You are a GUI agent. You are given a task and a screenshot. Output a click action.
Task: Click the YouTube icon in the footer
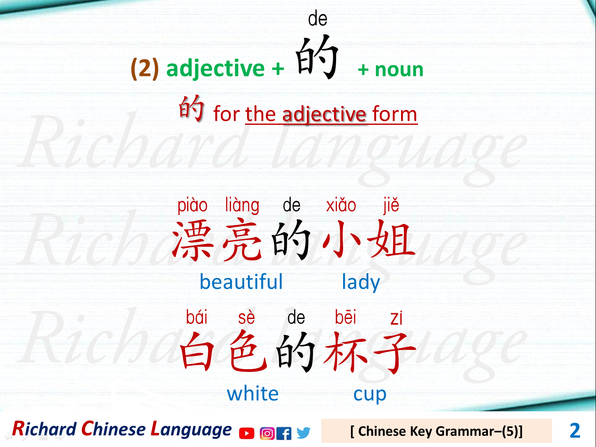pos(247,433)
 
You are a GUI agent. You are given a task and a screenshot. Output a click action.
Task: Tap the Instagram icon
pos(267,433)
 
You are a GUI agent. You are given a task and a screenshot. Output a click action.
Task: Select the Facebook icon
pos(284,433)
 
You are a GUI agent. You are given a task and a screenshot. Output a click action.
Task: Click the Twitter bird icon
pos(303,433)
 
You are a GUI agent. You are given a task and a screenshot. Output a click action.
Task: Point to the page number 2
pos(575,431)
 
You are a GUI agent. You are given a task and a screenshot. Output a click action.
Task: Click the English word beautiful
pos(241,282)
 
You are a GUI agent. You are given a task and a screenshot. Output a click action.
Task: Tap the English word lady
pos(360,283)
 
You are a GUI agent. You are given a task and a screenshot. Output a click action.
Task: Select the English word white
pos(252,394)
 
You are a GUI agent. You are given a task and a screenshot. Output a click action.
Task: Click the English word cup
pos(370,394)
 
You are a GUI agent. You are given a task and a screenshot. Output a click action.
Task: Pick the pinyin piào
pos(192,205)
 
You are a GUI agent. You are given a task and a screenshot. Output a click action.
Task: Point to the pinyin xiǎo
pos(341,205)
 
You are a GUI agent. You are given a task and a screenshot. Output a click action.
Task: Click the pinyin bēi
pos(346,317)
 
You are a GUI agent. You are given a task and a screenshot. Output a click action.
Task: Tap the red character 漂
pos(192,241)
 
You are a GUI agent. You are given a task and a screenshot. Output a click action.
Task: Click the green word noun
pos(399,70)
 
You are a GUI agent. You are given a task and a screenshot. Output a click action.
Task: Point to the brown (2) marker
pos(144,68)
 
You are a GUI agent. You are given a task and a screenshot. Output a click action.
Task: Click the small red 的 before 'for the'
pos(191,109)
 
